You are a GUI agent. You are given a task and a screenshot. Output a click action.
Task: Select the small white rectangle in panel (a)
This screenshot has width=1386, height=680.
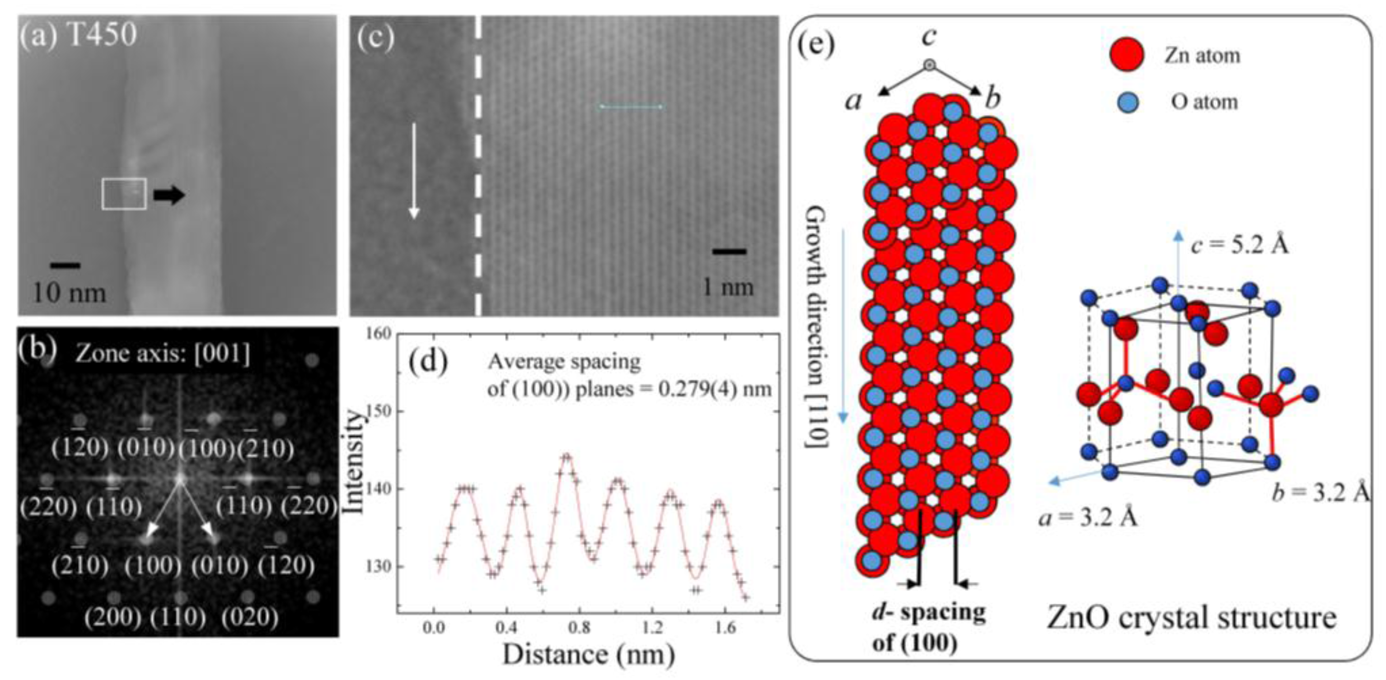click(x=124, y=194)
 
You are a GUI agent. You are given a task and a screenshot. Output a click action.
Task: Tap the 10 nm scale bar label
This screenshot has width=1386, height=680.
click(x=69, y=293)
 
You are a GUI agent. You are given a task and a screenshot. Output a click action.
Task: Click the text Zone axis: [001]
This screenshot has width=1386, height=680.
click(x=163, y=354)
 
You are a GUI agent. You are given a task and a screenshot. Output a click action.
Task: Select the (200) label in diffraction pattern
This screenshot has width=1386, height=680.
click(x=112, y=617)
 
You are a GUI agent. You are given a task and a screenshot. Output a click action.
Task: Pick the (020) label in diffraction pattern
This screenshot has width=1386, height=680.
click(x=250, y=617)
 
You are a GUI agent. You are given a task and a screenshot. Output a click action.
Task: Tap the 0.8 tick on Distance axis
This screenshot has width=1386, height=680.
click(x=580, y=627)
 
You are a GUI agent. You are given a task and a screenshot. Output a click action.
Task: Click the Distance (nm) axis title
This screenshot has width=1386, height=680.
click(x=588, y=655)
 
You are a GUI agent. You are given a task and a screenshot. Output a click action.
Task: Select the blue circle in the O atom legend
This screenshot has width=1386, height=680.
click(x=1127, y=102)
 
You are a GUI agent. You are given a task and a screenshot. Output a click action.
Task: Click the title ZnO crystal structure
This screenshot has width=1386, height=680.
click(x=1191, y=618)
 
